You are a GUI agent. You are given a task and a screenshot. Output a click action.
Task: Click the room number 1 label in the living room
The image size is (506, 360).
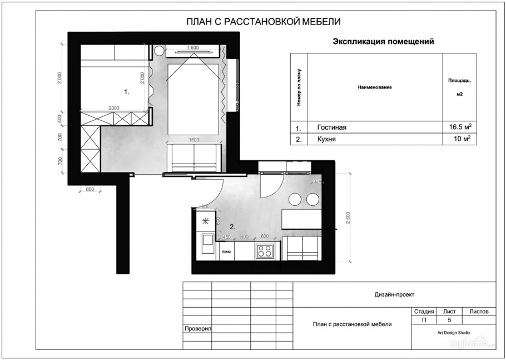pyautogui.click(x=126, y=91)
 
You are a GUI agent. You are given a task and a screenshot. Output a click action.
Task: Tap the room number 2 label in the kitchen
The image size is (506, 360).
pyautogui.click(x=233, y=227)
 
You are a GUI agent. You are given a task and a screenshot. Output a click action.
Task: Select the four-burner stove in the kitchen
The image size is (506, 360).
pyautogui.click(x=264, y=251)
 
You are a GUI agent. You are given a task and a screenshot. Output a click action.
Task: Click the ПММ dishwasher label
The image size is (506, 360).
pyautogui.click(x=226, y=252)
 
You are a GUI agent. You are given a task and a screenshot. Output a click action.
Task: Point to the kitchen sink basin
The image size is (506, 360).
pyautogui.click(x=206, y=241)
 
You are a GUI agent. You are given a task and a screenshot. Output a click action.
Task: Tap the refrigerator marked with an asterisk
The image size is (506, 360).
pyautogui.click(x=206, y=220)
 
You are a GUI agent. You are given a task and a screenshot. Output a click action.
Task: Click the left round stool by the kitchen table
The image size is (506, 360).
pyautogui.click(x=295, y=199)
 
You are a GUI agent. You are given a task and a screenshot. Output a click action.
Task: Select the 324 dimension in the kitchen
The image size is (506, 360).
pyautogui.click(x=317, y=181)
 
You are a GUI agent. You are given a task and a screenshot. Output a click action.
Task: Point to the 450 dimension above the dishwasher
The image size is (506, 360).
pyautogui.click(x=226, y=237)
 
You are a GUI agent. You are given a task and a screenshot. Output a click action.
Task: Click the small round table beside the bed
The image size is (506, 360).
pyautogui.click(x=158, y=51)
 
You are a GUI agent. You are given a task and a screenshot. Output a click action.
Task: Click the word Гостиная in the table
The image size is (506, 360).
pyautogui.click(x=331, y=127)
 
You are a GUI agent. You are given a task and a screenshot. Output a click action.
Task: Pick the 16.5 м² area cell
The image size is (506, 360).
pyautogui.click(x=460, y=127)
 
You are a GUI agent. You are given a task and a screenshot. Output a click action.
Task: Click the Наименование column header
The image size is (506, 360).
pyautogui.click(x=375, y=87)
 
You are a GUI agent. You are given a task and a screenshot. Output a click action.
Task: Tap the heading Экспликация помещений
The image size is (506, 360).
pyautogui.click(x=383, y=41)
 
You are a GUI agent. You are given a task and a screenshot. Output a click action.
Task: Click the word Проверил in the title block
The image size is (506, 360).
pyautogui.click(x=197, y=329)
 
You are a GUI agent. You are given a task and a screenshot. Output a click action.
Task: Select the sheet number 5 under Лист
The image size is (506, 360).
pyautogui.click(x=449, y=320)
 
